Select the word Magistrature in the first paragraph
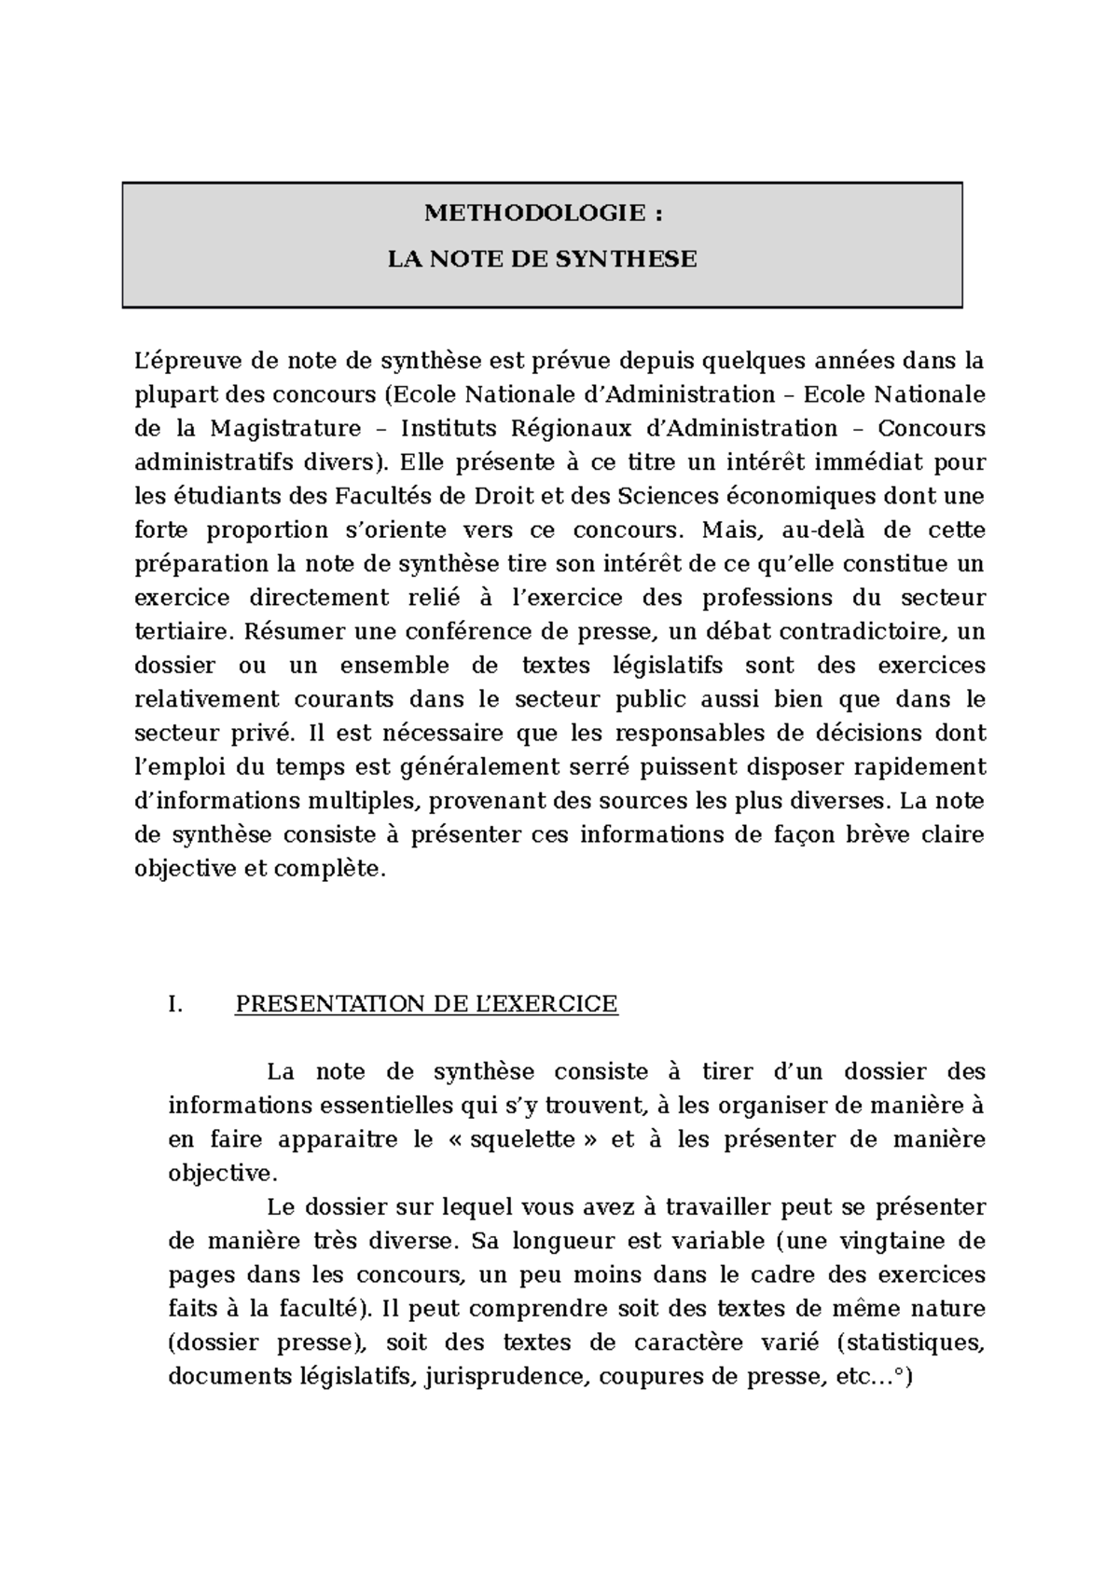(x=284, y=429)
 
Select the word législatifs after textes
(x=654, y=666)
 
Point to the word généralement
(x=489, y=767)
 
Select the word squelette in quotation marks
(x=522, y=1140)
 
